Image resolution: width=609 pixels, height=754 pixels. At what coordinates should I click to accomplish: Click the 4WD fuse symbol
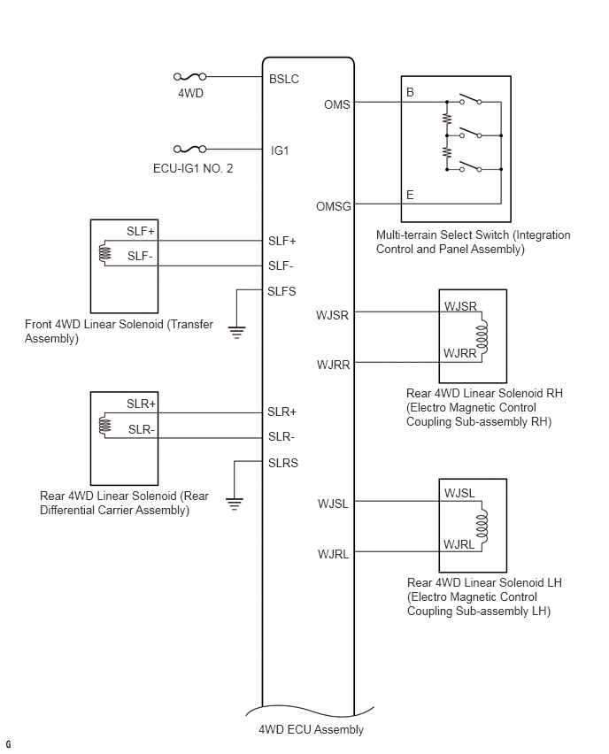190,78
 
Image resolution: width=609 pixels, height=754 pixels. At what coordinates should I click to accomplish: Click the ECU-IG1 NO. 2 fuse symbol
190,150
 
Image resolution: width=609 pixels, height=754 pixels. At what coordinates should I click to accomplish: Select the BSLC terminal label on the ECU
284,79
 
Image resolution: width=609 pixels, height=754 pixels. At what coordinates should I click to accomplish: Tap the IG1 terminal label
279,150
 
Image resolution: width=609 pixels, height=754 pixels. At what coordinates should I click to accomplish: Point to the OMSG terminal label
334,206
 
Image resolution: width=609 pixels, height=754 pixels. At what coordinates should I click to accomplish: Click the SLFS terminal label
281,291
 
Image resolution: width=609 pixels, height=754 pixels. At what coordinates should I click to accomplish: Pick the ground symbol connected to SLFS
236,331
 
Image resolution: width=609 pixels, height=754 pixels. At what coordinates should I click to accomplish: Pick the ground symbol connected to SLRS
235,504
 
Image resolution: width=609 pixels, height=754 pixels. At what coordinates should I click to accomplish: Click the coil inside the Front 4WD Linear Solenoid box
104,254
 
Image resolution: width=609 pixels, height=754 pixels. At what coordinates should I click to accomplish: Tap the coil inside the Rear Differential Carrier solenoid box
104,426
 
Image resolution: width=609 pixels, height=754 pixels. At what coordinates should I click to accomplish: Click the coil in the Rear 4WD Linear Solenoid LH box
482,527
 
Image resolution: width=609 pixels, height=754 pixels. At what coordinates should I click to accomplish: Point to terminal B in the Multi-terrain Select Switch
410,92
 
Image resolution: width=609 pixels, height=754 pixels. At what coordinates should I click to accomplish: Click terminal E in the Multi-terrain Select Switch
410,195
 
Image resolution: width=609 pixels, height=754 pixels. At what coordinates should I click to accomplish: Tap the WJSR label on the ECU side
332,314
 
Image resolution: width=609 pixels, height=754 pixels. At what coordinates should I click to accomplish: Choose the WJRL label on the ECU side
334,554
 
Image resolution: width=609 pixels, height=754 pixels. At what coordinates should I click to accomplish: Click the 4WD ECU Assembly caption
310,730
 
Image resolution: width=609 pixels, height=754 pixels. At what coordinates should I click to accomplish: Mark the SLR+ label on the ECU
281,412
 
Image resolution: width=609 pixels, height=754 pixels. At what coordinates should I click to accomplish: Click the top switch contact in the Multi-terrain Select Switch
468,100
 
